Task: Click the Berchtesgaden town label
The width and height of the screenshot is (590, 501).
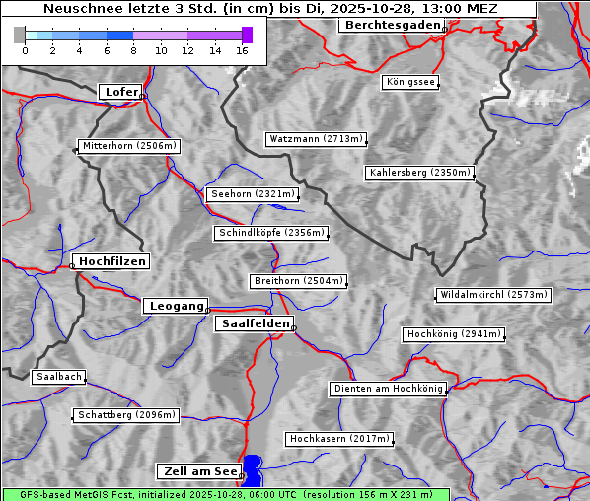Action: tap(391, 25)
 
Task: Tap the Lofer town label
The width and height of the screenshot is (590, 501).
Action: tap(121, 92)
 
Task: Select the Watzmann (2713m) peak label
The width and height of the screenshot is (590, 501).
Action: tap(316, 139)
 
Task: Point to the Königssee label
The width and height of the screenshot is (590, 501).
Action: tap(410, 82)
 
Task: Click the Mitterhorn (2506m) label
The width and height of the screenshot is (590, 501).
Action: tap(128, 146)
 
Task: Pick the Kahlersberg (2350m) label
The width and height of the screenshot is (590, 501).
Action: tap(420, 173)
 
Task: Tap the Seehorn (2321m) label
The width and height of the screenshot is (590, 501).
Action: tap(253, 194)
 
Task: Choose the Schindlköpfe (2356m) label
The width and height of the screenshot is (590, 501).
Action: tap(269, 233)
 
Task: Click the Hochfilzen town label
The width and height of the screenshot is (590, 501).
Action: tap(112, 261)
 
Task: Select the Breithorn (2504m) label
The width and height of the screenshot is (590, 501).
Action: tap(298, 281)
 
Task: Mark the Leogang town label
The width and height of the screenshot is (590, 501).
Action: tap(177, 306)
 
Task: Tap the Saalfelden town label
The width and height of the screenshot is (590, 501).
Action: tap(255, 323)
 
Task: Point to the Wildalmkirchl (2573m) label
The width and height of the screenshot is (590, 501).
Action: tap(492, 295)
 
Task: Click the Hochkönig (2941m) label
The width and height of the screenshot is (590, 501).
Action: tap(454, 334)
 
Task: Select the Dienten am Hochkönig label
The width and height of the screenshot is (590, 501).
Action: tap(388, 389)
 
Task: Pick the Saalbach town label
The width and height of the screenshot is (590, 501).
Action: tap(58, 377)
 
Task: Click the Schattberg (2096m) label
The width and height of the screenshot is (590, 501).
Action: tap(125, 415)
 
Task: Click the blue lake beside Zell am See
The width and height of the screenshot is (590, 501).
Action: tap(254, 470)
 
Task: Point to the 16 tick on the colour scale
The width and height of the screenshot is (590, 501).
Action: tap(243, 50)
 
